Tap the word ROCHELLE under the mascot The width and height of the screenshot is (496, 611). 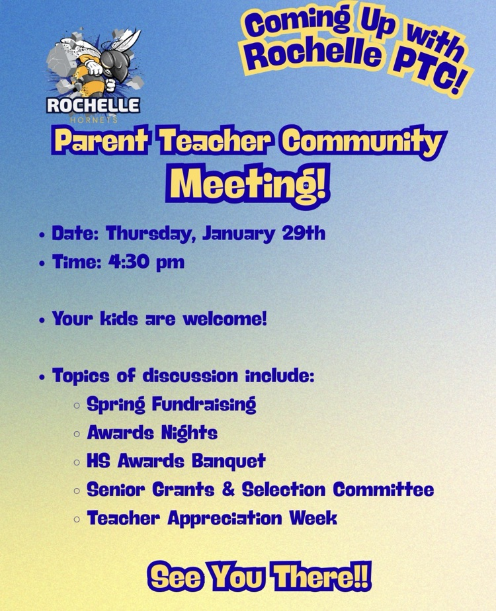click(x=93, y=105)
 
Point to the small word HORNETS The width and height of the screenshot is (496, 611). click(x=93, y=120)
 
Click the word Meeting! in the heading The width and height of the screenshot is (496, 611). click(x=248, y=182)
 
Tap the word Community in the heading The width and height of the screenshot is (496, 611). click(x=363, y=142)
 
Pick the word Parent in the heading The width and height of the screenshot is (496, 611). click(x=100, y=140)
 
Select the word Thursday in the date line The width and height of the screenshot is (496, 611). click(x=150, y=234)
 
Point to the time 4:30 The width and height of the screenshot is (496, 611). click(x=128, y=261)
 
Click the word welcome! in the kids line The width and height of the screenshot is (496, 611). click(x=226, y=318)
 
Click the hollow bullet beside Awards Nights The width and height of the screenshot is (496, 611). click(x=77, y=434)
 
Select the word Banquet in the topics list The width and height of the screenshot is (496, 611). click(x=229, y=461)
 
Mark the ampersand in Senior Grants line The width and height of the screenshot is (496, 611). click(x=228, y=489)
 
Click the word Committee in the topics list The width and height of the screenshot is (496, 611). click(x=384, y=489)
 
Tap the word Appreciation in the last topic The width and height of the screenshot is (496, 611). click(x=225, y=518)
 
